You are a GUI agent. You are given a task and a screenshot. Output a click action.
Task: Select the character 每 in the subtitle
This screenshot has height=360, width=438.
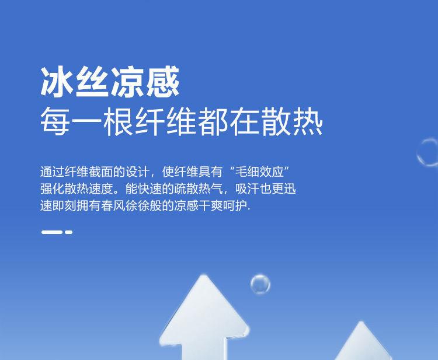(x=55, y=121)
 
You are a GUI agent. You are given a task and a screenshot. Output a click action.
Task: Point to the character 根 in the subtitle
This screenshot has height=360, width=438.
(x=118, y=121)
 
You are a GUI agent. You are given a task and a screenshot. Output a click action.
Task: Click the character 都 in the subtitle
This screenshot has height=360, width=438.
(x=213, y=121)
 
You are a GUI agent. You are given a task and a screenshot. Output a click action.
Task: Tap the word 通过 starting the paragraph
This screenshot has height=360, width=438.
(x=52, y=172)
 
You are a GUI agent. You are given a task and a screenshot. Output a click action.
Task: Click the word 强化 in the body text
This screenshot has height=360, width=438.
(x=52, y=189)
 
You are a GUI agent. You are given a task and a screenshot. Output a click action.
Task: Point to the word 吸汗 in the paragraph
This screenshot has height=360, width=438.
(x=247, y=189)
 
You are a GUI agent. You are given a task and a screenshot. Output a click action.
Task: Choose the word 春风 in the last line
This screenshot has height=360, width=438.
(x=113, y=206)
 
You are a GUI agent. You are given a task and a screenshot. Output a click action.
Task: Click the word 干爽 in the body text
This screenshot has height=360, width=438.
(x=211, y=206)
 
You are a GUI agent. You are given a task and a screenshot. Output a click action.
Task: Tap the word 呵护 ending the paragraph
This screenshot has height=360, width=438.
(x=235, y=206)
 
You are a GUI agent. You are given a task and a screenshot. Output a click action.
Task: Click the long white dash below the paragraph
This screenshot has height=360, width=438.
(x=52, y=232)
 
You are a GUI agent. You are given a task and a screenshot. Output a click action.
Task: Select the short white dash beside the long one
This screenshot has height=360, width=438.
(x=69, y=232)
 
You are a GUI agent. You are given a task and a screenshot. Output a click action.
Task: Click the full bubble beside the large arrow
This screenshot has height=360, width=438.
(x=260, y=284)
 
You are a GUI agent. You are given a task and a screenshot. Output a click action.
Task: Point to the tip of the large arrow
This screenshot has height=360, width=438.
(x=204, y=275)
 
